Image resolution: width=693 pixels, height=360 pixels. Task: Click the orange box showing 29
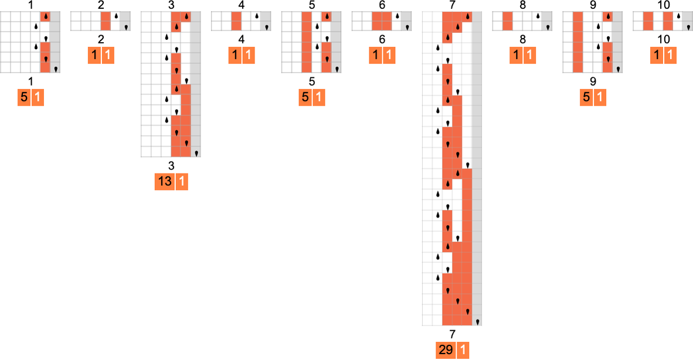445,351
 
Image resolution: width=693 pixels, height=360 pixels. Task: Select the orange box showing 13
165,182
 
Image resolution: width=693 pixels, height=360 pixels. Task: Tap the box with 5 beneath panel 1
23,97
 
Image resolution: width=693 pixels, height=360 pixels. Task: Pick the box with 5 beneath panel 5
305,97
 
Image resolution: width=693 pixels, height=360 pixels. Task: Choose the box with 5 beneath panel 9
586,97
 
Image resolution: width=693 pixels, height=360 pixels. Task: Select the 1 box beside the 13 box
181,182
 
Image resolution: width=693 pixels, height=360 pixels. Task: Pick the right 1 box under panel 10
670,56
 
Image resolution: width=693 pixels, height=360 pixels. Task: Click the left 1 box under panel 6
375,56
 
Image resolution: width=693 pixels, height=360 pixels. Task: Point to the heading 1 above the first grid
30,5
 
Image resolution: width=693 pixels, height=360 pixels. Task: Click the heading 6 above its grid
382,5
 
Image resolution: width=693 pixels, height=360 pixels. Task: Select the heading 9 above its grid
593,5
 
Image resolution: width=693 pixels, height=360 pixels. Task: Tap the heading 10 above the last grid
663,5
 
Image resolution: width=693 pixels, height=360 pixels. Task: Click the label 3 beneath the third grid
171,166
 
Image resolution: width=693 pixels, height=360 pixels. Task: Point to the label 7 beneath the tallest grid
452,334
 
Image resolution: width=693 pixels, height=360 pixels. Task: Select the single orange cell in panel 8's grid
507,21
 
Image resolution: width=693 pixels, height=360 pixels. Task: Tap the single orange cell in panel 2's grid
106,21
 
